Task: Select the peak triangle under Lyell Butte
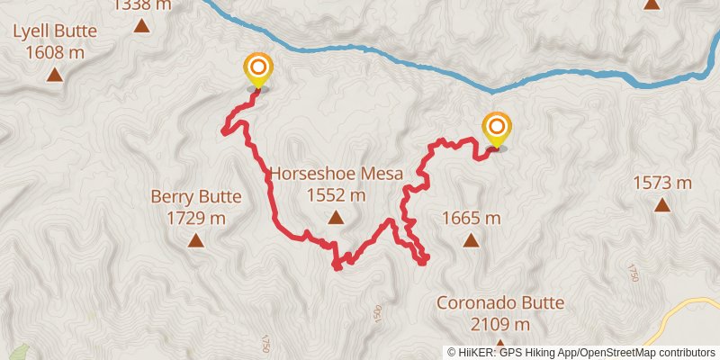pyautogui.click(x=55, y=74)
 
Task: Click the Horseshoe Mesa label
pyautogui.click(x=335, y=174)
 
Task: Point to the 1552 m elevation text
pyautogui.click(x=335, y=194)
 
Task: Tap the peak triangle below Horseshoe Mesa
pyautogui.click(x=335, y=217)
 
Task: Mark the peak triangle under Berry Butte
pyautogui.click(x=195, y=239)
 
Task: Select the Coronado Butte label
pyautogui.click(x=500, y=302)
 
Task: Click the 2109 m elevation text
pyautogui.click(x=500, y=324)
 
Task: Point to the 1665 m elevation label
pyautogui.click(x=471, y=217)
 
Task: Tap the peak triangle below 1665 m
pyautogui.click(x=471, y=239)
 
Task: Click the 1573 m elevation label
pyautogui.click(x=661, y=183)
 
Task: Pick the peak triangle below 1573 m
pyautogui.click(x=661, y=204)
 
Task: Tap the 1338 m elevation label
pyautogui.click(x=142, y=5)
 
